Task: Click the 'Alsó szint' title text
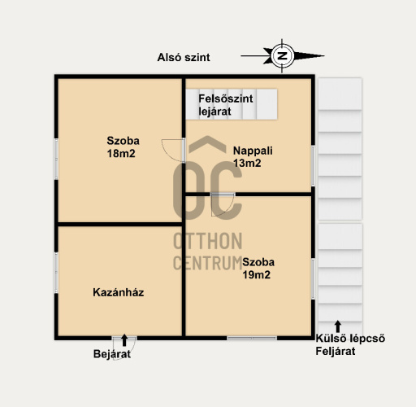pyautogui.click(x=184, y=58)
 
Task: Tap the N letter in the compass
pyautogui.click(x=283, y=56)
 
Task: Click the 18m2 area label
pyautogui.click(x=121, y=154)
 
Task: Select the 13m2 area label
pyautogui.click(x=247, y=164)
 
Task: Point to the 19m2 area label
pyautogui.click(x=257, y=275)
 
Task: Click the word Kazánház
pyautogui.click(x=119, y=292)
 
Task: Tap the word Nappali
pyautogui.click(x=253, y=151)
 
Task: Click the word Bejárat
pyautogui.click(x=112, y=354)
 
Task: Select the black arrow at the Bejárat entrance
pyautogui.click(x=124, y=340)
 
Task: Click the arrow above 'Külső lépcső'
pyautogui.click(x=338, y=326)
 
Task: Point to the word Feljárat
pyautogui.click(x=336, y=352)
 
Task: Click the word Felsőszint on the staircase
pyautogui.click(x=226, y=98)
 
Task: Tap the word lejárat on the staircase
pyautogui.click(x=215, y=112)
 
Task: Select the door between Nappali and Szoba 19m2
pyautogui.click(x=223, y=205)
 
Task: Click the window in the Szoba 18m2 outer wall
pyautogui.click(x=56, y=159)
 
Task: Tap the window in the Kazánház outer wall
pyautogui.click(x=56, y=273)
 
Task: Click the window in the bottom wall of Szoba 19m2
pyautogui.click(x=252, y=338)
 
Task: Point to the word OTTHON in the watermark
pyautogui.click(x=208, y=241)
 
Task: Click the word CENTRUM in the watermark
pyautogui.click(x=208, y=263)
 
